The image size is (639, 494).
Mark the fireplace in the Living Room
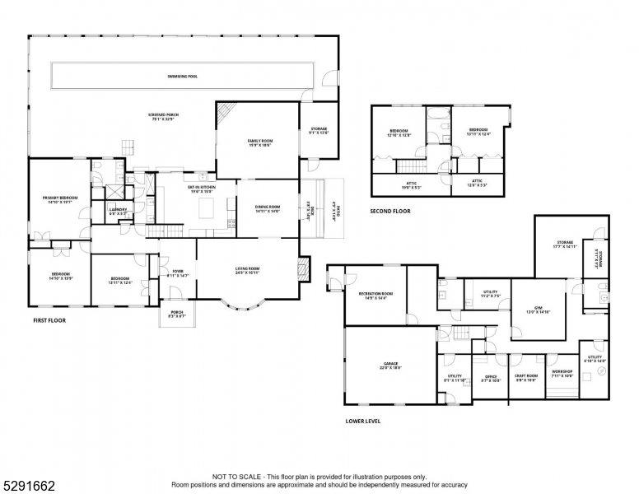(x=303, y=268)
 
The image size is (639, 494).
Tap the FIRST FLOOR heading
(x=49, y=320)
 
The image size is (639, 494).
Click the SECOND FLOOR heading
(x=390, y=211)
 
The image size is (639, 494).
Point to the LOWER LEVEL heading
(x=362, y=420)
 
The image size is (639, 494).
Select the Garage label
(x=390, y=365)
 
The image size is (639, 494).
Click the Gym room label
(x=537, y=310)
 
